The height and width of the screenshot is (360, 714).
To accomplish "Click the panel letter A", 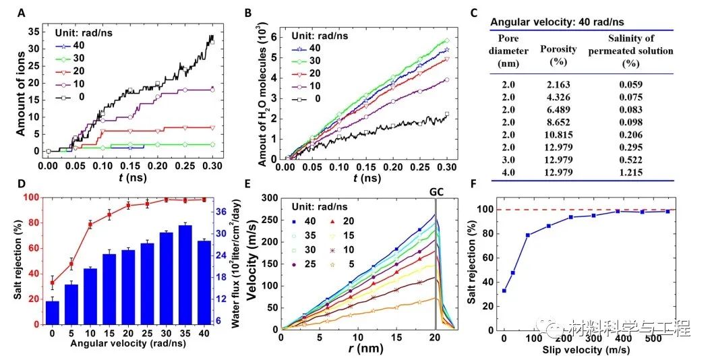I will [x=22, y=13].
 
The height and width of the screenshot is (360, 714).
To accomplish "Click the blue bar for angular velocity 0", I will [x=52, y=312].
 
